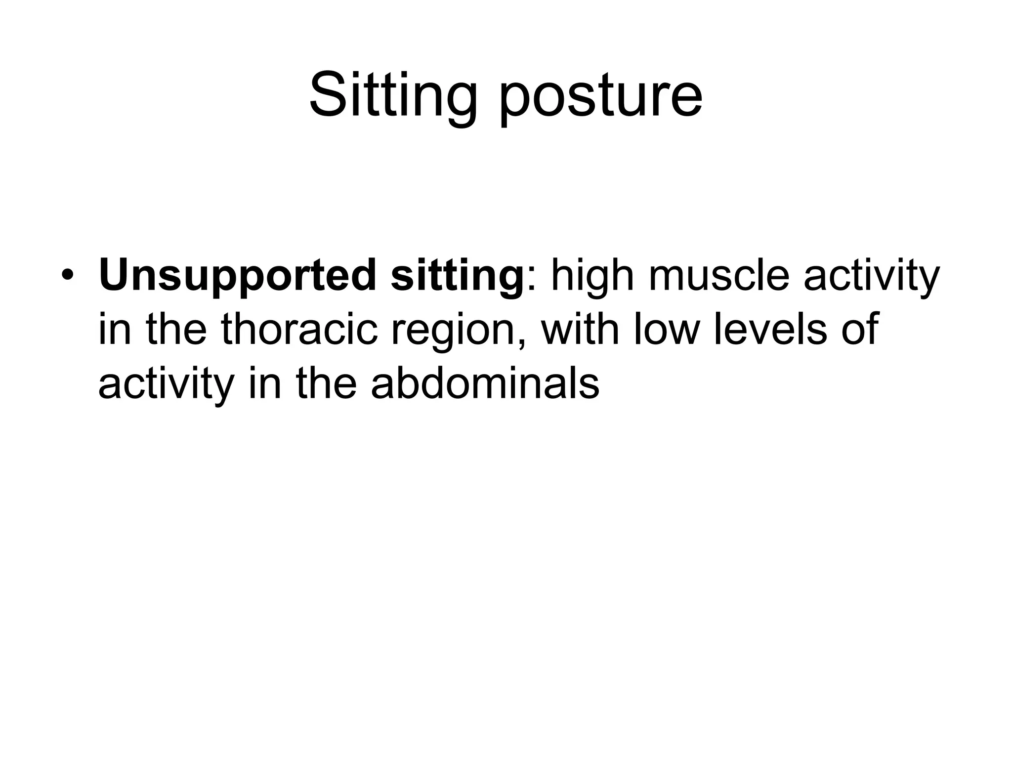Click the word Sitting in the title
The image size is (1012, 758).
(x=393, y=95)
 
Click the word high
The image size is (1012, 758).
(x=592, y=277)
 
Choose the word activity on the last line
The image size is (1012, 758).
(x=166, y=384)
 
